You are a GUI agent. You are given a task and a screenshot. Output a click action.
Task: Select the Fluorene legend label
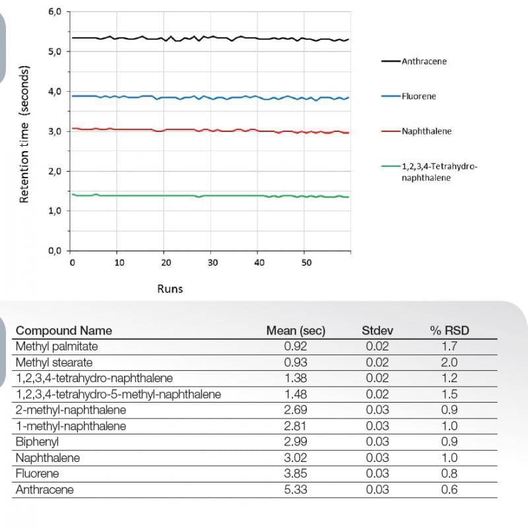[418, 96]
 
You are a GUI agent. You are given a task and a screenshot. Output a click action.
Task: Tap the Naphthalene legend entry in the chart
[426, 131]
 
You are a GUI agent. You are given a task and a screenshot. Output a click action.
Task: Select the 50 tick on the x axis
[306, 263]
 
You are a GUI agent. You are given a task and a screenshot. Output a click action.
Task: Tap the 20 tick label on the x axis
[166, 263]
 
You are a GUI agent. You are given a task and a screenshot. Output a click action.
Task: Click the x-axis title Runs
[170, 288]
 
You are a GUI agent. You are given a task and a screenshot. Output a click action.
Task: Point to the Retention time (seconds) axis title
[24, 134]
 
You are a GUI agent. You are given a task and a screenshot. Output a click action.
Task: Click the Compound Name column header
[64, 331]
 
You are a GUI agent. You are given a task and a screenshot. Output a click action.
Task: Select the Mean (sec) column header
[296, 331]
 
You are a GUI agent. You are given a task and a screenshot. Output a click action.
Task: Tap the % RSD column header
[449, 331]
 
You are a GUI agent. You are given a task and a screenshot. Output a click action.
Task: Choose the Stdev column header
[377, 331]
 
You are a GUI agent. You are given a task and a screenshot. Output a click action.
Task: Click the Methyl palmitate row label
[56, 346]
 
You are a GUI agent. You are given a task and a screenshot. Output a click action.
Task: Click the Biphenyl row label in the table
[38, 442]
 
